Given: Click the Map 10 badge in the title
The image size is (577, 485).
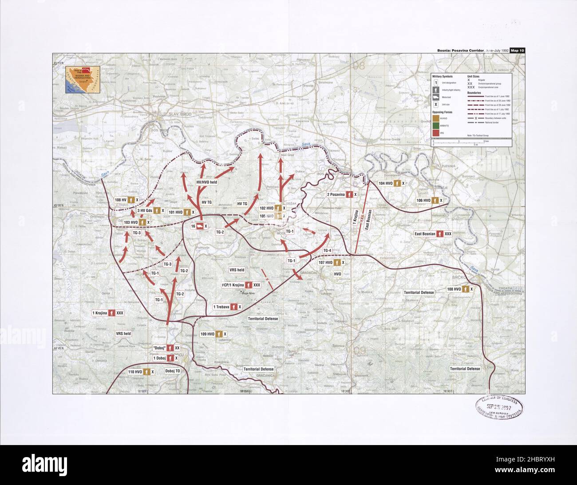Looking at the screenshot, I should pos(517,50).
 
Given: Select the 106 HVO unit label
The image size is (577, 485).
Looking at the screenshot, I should pos(430,201).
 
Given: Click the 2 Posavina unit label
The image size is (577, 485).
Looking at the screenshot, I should pos(342,194).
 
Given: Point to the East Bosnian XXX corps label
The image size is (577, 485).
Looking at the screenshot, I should pos(433,233).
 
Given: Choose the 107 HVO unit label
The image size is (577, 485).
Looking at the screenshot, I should pos(332,262).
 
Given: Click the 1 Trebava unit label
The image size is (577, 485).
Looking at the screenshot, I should pos(227,307).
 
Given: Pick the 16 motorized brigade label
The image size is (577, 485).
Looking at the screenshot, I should pos(199,226).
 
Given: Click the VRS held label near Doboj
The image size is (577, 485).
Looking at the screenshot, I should pos(123,333).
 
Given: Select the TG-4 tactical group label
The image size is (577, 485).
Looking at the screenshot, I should pos(327,251).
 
